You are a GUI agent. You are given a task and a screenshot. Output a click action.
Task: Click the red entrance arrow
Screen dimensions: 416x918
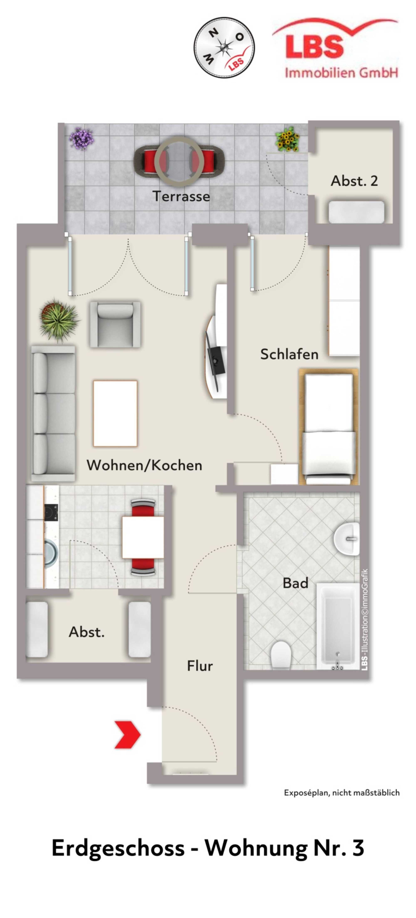click(x=128, y=735)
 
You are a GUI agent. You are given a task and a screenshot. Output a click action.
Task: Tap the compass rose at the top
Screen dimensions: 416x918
click(x=224, y=47)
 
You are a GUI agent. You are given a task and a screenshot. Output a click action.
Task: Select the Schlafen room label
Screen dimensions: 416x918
click(x=289, y=354)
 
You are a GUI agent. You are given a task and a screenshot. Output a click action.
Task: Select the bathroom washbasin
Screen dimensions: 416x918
click(x=347, y=538)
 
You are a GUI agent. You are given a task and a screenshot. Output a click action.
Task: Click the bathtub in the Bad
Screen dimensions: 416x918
click(x=337, y=626)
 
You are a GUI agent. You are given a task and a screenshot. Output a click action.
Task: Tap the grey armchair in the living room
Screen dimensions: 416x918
click(x=115, y=324)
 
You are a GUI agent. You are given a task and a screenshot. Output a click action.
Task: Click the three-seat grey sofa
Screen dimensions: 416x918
click(x=53, y=413)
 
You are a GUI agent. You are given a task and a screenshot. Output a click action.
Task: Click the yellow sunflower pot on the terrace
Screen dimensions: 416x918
click(x=287, y=139)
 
